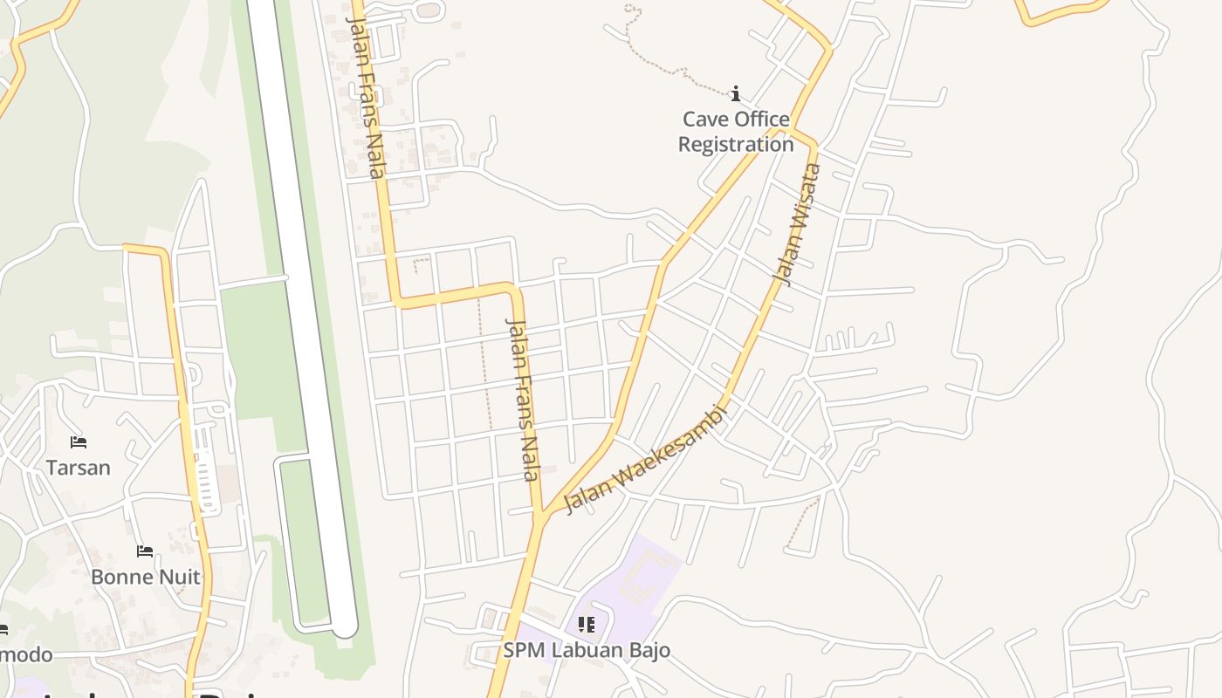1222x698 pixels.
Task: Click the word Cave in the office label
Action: [704, 120]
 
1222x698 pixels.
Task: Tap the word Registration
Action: [736, 145]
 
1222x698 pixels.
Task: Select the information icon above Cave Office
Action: [736, 93]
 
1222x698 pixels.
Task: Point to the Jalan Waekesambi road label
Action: [646, 459]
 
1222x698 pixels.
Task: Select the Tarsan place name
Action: [79, 468]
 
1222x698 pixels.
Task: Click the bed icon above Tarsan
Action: [79, 442]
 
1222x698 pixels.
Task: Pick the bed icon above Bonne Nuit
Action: [145, 551]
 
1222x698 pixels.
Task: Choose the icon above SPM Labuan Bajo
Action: [587, 625]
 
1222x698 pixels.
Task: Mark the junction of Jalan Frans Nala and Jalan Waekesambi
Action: [541, 515]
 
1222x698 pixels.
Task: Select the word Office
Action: [759, 120]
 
